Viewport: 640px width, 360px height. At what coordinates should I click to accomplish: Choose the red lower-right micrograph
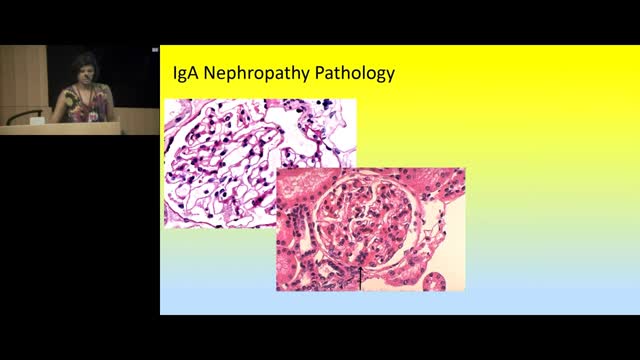pos(370,230)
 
